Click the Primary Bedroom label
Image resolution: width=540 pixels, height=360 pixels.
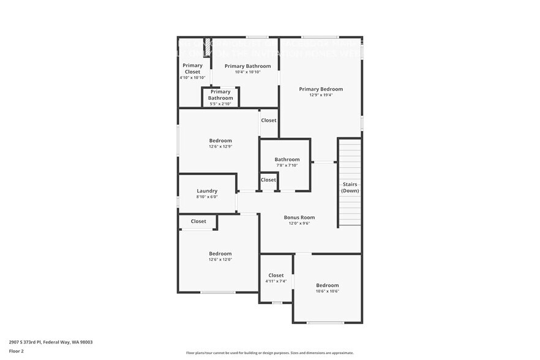pos(321,89)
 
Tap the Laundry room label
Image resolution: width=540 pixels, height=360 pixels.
pos(207,190)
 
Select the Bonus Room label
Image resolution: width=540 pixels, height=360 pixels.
pos(299,217)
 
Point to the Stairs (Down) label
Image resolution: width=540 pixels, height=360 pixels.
pos(350,187)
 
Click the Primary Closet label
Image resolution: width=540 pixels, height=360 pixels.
pos(192,69)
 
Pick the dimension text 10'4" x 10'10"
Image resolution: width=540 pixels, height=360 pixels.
pos(247,72)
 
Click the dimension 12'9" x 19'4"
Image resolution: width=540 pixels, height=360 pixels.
pos(321,96)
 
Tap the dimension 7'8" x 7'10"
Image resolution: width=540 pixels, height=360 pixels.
pos(287,165)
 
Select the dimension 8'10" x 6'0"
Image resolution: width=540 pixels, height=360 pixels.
pos(207,197)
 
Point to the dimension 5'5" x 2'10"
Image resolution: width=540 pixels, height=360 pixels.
pos(220,104)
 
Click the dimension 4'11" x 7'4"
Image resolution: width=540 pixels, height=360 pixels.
pos(276,281)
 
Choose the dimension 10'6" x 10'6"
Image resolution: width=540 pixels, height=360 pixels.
pos(327,291)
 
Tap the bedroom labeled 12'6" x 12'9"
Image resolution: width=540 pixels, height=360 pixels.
pos(220,141)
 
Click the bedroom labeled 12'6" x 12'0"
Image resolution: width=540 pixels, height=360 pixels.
pos(220,253)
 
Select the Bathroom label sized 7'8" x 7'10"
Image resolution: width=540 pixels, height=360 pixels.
pos(287,160)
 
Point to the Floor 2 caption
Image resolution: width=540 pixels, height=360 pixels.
pos(17,351)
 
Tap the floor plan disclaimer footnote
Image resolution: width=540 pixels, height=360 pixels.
pos(269,353)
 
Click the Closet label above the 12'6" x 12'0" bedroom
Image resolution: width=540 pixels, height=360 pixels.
pos(198,222)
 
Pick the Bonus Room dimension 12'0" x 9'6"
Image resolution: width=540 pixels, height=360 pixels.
pos(299,223)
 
